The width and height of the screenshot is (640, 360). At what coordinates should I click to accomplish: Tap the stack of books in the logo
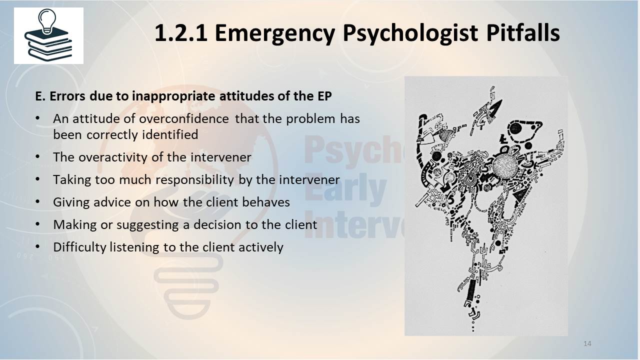48,44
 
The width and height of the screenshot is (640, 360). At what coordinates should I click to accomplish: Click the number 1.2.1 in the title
181,33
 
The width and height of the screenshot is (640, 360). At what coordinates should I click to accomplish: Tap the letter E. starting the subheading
40,96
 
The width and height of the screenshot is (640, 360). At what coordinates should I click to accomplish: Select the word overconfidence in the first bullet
183,118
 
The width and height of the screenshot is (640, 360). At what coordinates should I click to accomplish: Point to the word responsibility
194,180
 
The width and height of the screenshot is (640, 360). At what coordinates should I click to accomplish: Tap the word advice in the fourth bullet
112,202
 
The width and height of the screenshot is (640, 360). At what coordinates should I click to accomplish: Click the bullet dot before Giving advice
37,201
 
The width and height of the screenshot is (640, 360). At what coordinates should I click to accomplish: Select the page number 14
587,343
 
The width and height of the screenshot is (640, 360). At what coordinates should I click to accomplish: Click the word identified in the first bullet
170,134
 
